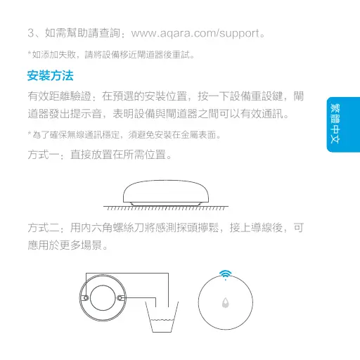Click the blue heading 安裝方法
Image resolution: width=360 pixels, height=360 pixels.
pyautogui.click(x=49, y=75)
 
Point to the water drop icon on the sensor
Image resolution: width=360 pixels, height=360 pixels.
pyautogui.click(x=226, y=302)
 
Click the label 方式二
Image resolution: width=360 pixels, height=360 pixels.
pyautogui.click(x=43, y=229)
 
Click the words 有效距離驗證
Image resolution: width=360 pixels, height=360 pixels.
pyautogui.click(x=59, y=95)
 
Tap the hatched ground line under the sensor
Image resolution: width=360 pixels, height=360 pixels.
pyautogui.click(x=165, y=208)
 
